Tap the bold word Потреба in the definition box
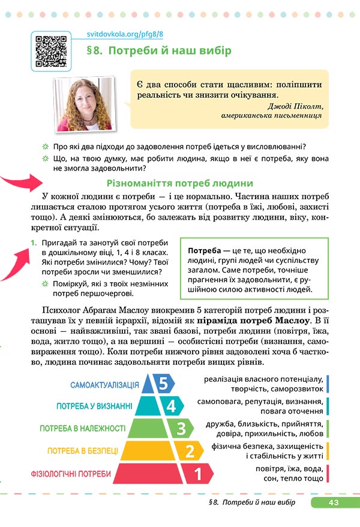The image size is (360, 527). point(205,250)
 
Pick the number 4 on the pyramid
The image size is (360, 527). point(172,406)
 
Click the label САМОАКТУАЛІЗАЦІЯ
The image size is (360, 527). point(104,385)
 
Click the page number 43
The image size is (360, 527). point(334,502)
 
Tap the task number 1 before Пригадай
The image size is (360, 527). point(34,242)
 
